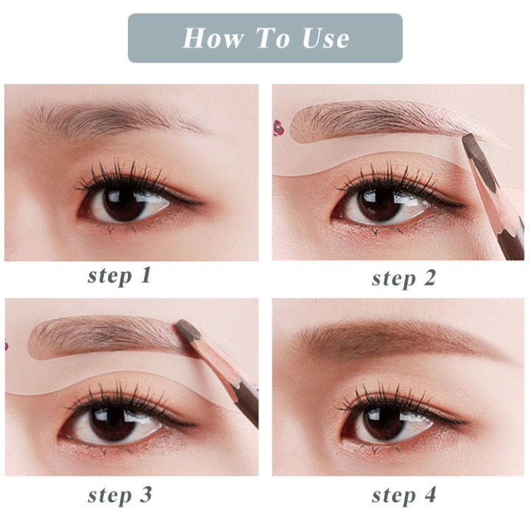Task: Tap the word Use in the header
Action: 322,38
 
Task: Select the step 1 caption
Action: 119,276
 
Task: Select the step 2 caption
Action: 403,278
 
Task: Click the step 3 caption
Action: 119,494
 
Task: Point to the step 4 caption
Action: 403,494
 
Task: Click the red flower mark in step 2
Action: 278,127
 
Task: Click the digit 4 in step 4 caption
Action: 428,494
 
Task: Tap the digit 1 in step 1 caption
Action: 145,276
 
